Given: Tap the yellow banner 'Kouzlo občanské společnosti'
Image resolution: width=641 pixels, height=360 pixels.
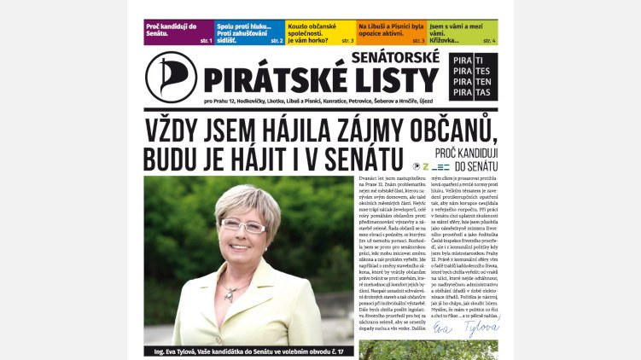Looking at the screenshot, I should [x=320, y=32].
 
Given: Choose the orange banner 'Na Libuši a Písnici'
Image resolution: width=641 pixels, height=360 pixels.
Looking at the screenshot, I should [x=391, y=32].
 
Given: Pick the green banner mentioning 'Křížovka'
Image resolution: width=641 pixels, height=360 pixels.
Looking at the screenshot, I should [x=462, y=32].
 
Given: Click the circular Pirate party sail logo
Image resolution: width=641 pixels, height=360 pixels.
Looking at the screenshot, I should [x=171, y=77].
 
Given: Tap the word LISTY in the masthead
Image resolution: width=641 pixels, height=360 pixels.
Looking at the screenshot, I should [x=399, y=81].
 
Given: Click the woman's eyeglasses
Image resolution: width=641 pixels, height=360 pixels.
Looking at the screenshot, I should [x=242, y=226].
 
